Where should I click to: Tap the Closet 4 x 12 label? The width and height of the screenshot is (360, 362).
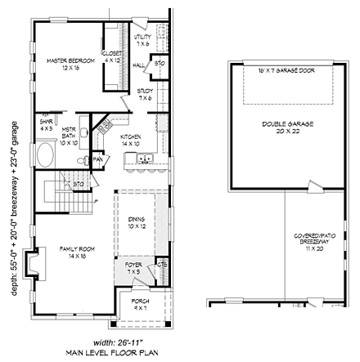click(112, 57)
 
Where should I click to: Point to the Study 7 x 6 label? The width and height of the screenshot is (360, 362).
click(146, 95)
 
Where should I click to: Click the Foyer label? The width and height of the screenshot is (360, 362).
click(133, 267)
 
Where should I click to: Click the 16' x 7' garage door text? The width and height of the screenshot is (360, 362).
click(286, 71)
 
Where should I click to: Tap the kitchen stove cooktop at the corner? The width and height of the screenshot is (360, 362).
click(105, 126)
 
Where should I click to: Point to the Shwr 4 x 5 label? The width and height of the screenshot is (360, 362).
click(46, 123)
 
